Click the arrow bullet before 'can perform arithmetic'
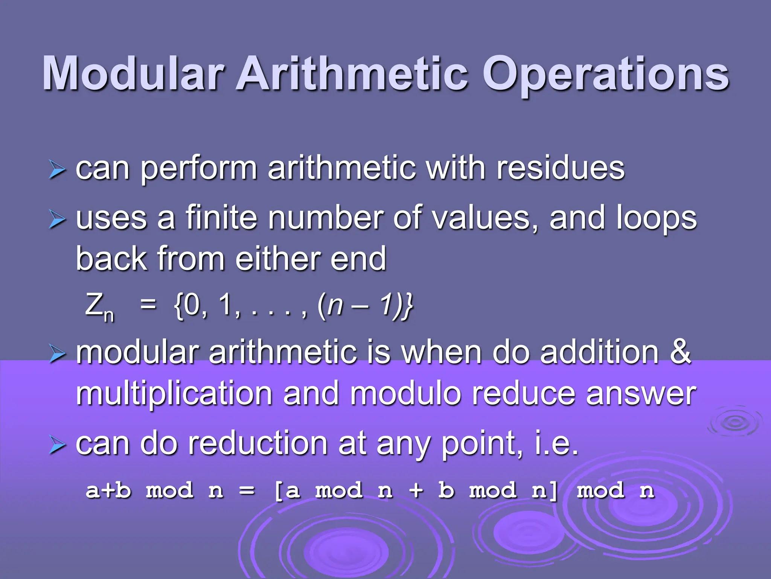coord(57,169)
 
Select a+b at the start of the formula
coord(108,490)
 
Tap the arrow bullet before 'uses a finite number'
coord(57,219)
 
